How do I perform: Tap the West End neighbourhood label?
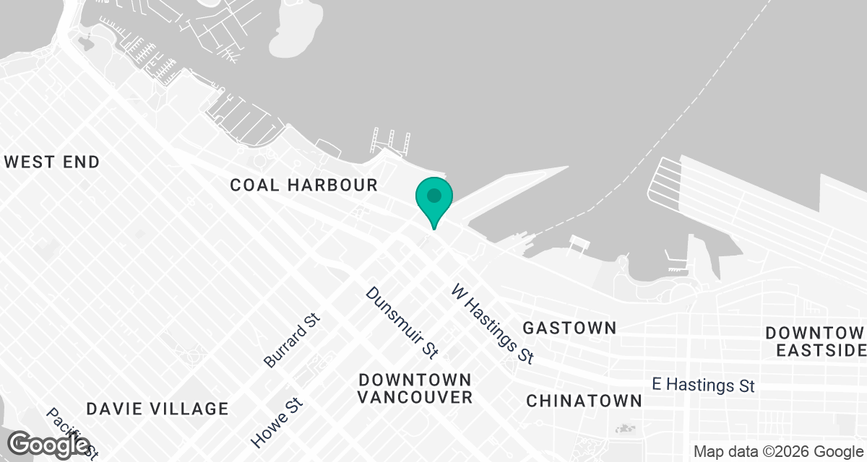[52, 162]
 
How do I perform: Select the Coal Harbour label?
[303, 185]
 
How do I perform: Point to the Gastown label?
[569, 328]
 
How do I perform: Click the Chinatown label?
[584, 401]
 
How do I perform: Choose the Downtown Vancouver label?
[415, 388]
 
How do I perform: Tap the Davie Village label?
[158, 409]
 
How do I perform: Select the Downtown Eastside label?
[815, 341]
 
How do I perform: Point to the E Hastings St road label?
[703, 385]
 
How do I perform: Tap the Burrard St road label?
[292, 340]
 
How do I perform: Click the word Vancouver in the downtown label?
[415, 397]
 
